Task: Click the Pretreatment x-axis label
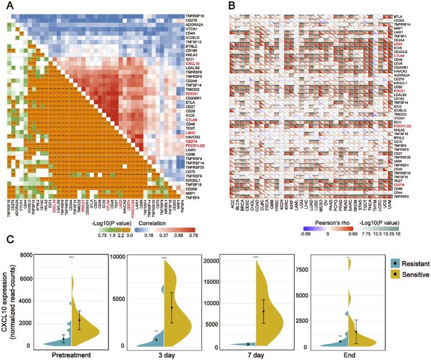point(54,355)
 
